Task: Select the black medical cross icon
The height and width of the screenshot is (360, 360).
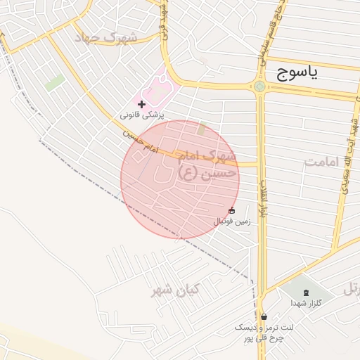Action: (x=142, y=104)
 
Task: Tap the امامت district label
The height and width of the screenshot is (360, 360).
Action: (x=321, y=162)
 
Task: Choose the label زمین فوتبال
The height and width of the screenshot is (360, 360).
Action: (x=232, y=221)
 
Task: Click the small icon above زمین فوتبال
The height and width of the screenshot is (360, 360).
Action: (x=232, y=211)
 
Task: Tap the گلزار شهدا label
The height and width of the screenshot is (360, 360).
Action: (x=306, y=303)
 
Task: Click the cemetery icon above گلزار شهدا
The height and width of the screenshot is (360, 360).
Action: (x=306, y=292)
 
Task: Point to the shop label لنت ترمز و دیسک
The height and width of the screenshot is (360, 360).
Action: (x=259, y=328)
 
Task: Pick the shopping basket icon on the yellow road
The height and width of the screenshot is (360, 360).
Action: (x=264, y=316)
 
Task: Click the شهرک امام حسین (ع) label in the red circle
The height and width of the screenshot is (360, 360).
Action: (x=208, y=166)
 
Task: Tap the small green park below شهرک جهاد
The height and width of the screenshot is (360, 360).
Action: (x=54, y=82)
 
